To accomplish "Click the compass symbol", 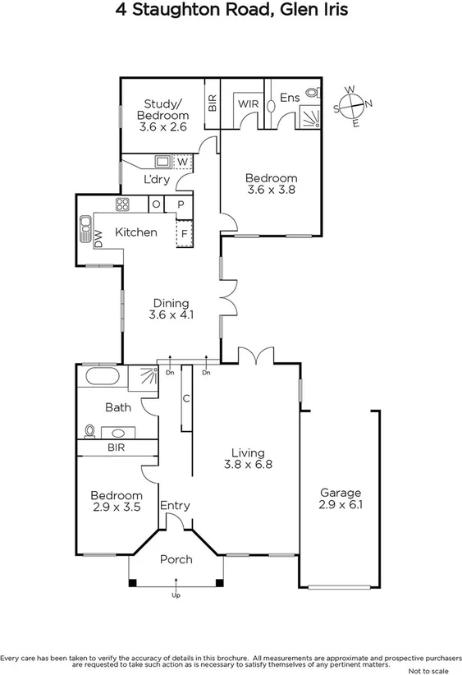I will tap(353, 105).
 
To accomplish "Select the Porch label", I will tap(176, 559).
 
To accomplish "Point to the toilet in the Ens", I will tap(310, 93).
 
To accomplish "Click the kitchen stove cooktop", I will tap(123, 204).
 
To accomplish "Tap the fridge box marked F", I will tap(184, 232).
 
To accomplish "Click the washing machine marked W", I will tap(181, 161).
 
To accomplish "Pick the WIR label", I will tap(248, 104).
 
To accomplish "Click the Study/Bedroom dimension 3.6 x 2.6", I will tap(163, 127).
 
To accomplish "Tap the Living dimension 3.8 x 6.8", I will tap(248, 464).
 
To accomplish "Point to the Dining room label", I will tap(170, 303).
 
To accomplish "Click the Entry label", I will tap(175, 505).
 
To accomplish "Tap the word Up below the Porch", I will tap(176, 595).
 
